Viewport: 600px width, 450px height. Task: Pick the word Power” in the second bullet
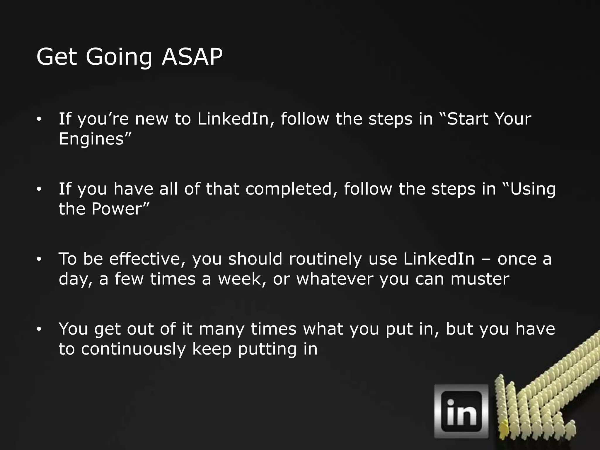[x=120, y=209]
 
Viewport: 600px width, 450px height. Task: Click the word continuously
[x=134, y=349]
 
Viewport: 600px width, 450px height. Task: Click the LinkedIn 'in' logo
[x=461, y=411]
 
